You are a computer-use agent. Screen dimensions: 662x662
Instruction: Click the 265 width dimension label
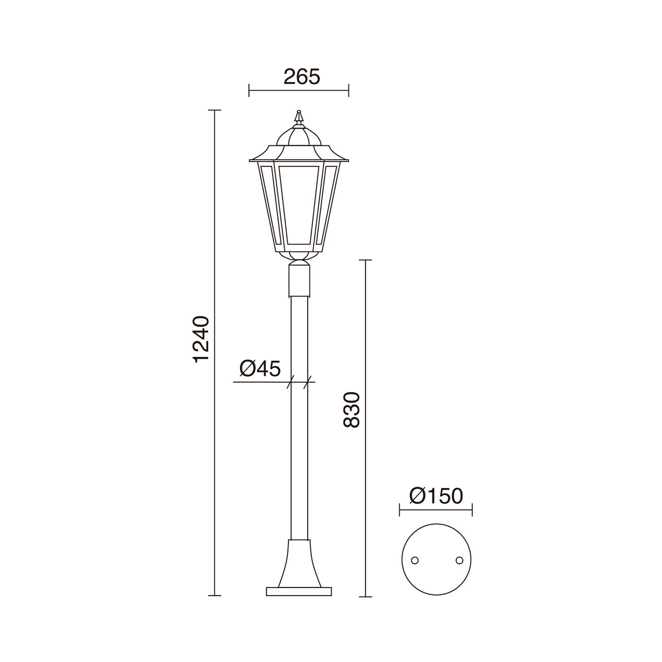point(302,77)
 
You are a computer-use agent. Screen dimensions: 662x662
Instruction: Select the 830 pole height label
point(352,410)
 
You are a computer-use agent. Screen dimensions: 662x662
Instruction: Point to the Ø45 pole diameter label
point(260,369)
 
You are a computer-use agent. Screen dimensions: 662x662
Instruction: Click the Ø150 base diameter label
point(436,496)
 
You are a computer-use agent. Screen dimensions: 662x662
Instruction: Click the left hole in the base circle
point(415,560)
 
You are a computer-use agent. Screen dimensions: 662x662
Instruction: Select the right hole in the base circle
point(459,560)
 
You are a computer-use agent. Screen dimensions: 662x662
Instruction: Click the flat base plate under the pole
point(299,592)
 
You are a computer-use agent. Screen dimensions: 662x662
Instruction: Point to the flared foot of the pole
point(299,563)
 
